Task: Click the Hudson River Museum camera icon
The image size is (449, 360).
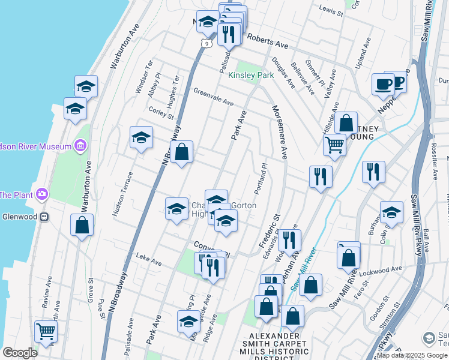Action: (80, 146)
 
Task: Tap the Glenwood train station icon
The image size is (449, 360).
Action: (44, 217)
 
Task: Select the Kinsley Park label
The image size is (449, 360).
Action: (250, 75)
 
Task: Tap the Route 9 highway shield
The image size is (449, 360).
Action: (206, 43)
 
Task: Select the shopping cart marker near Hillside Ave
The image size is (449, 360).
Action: (334, 144)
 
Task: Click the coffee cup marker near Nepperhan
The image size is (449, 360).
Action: (382, 85)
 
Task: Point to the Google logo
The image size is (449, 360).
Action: (20, 353)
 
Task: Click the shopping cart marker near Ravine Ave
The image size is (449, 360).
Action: (46, 331)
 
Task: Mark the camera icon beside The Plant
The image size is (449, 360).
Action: (41, 194)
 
